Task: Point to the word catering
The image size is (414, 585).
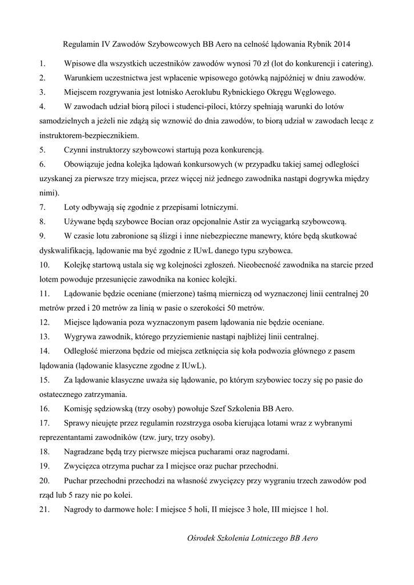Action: tap(354, 63)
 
